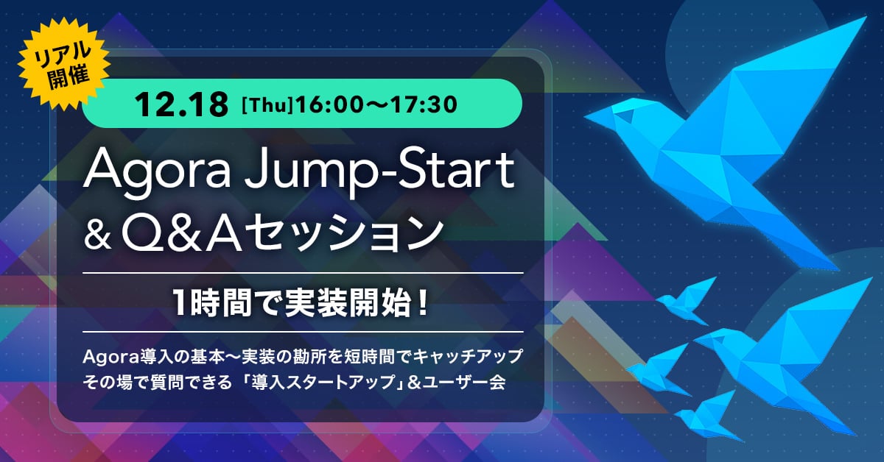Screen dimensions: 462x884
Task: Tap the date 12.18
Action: click(x=182, y=104)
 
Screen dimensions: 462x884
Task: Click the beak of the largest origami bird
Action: click(x=589, y=116)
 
